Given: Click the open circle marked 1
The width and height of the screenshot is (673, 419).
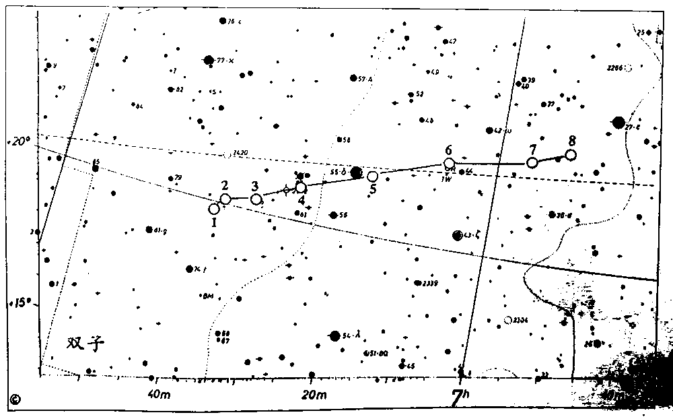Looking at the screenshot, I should (x=214, y=209).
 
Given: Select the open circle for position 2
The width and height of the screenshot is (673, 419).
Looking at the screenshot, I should (x=225, y=199).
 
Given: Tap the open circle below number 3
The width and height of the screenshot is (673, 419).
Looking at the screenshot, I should (x=256, y=199).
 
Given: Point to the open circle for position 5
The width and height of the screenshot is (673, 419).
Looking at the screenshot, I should (x=373, y=176).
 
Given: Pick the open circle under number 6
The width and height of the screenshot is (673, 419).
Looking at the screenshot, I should (x=449, y=164).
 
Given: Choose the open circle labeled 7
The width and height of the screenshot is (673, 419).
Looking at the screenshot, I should (x=532, y=163).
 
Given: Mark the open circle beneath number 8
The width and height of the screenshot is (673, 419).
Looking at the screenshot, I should (x=571, y=155).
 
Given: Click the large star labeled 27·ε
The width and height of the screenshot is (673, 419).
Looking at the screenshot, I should (x=618, y=122).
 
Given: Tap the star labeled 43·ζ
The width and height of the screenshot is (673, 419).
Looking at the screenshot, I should (x=458, y=235).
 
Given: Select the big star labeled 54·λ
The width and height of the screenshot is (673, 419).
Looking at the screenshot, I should (x=334, y=335).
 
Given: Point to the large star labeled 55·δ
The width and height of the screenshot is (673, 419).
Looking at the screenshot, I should (x=357, y=172).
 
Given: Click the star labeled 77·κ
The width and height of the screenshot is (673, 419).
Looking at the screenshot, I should (x=209, y=60).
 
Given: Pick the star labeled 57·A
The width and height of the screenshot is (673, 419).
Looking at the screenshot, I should (x=353, y=77).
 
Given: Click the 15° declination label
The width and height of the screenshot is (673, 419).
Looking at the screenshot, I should (x=18, y=304).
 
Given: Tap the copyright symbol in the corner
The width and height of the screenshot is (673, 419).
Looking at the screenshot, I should (x=15, y=399).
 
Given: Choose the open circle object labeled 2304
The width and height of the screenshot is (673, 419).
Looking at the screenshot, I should (x=508, y=320).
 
